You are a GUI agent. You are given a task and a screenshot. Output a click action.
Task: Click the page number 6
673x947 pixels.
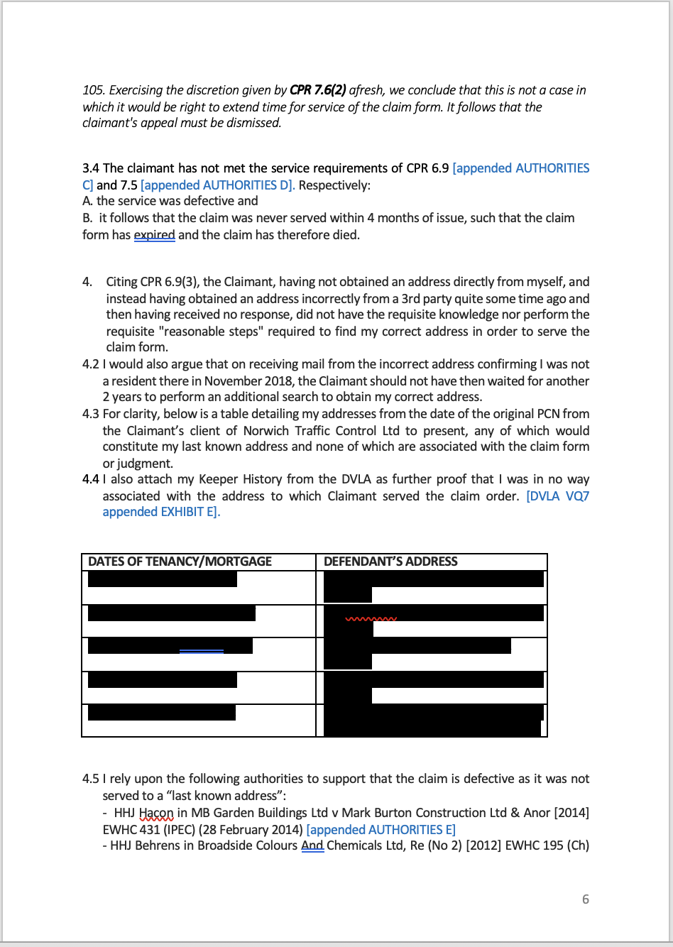tap(586, 899)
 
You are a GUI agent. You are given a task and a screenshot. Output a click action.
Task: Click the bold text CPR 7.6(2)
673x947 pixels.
tap(317, 90)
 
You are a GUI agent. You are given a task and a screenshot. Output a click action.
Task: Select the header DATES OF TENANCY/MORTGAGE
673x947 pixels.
tap(180, 562)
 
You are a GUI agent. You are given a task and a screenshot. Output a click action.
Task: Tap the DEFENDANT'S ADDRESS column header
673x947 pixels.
tap(390, 562)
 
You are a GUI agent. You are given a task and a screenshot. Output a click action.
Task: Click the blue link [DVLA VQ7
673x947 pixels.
tap(557, 496)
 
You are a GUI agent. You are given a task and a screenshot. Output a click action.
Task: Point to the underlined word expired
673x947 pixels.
tap(154, 235)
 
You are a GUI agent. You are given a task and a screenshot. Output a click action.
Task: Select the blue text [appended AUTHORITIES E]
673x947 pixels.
tap(381, 830)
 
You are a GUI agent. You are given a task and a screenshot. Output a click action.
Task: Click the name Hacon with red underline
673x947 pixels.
tap(156, 813)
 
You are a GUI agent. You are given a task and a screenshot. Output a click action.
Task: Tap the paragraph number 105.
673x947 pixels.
tap(93, 90)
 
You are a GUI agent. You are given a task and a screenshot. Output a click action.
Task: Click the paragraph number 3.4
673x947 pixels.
tap(91, 168)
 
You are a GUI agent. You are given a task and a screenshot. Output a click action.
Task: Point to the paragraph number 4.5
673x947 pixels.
tap(91, 779)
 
